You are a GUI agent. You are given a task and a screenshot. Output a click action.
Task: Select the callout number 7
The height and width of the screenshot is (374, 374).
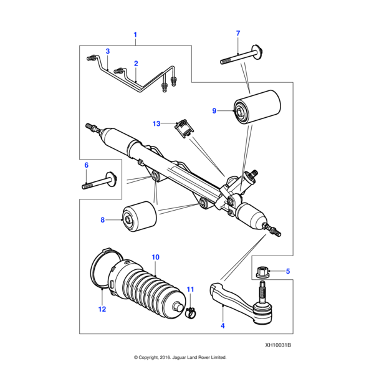(x=237, y=33)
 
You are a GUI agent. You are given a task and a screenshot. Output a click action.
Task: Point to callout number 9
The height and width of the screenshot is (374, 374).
(x=214, y=111)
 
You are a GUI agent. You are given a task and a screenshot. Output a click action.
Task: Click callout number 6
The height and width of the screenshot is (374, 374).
(x=87, y=165)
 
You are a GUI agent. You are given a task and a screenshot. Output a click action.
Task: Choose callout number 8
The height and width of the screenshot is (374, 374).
(x=103, y=219)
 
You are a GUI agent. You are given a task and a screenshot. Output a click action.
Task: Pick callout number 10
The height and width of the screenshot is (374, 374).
(x=155, y=257)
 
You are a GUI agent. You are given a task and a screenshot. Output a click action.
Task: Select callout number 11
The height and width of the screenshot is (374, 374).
(x=191, y=289)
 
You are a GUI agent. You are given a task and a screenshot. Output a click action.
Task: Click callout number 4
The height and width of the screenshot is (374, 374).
(x=223, y=325)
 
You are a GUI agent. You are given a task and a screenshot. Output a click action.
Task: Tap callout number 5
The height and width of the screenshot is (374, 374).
(x=288, y=271)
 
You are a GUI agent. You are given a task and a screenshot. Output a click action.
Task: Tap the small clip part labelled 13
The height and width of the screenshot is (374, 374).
(x=183, y=127)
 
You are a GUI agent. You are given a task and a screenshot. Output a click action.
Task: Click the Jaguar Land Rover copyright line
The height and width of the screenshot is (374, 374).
(x=180, y=358)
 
